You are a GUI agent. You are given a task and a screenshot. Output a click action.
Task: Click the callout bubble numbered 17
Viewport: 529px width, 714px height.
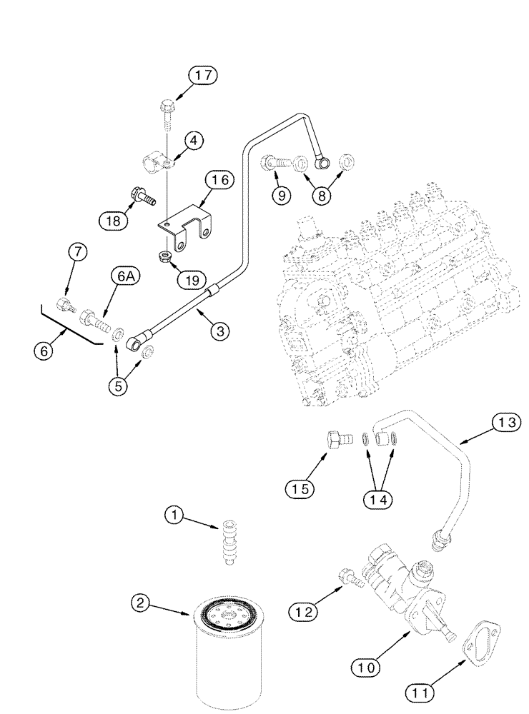203,76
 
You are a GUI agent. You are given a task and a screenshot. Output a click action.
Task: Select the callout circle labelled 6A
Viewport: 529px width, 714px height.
122,276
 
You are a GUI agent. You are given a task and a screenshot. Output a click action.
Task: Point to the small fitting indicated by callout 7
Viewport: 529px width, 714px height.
67,308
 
